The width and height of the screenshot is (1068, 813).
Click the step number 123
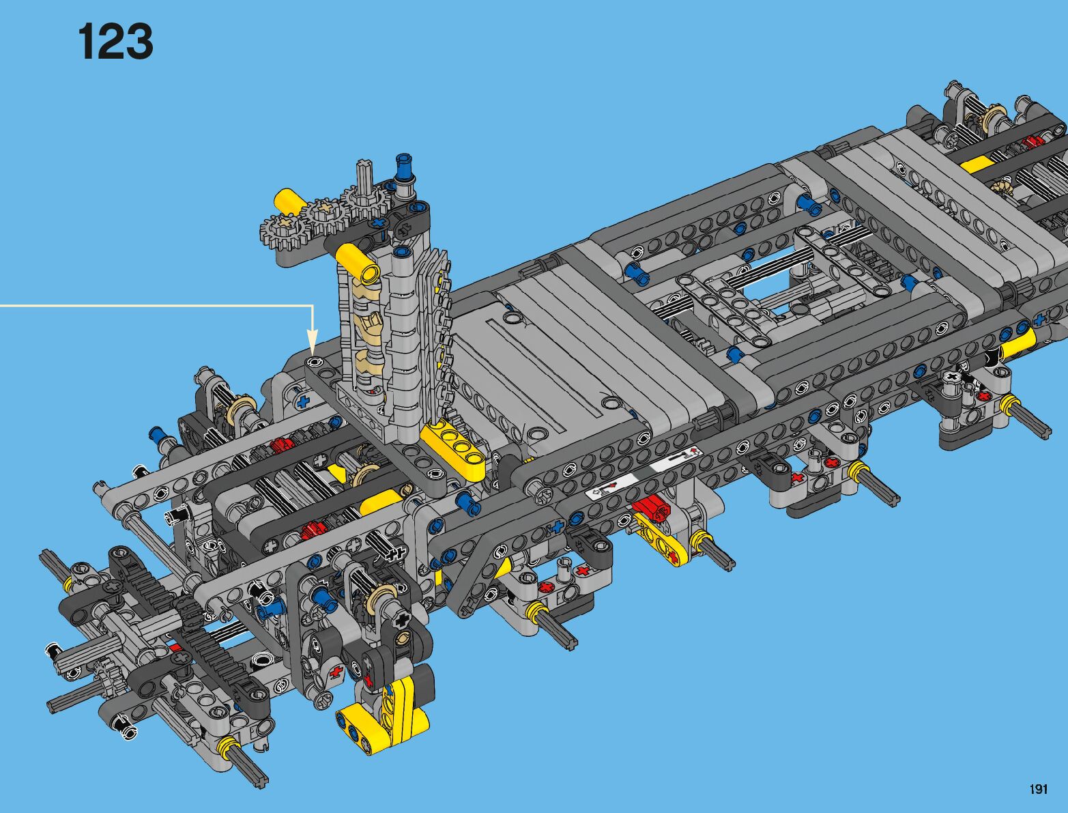coord(115,42)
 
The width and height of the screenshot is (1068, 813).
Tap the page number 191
coord(1038,788)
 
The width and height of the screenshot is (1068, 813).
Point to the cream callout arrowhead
coord(312,341)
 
